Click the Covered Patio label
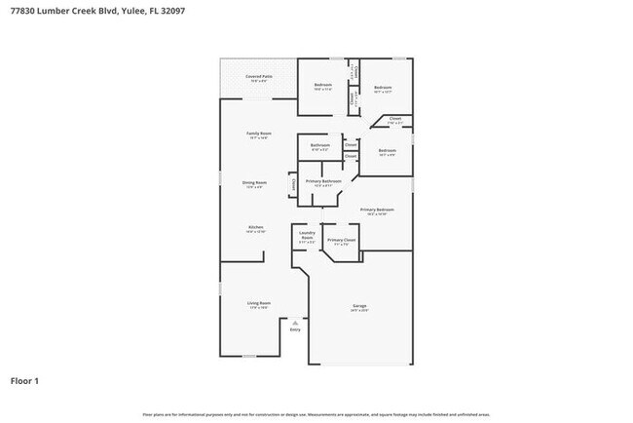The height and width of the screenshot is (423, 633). [258, 77]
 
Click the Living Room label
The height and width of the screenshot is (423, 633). [258, 304]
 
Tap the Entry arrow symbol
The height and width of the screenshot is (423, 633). [295, 321]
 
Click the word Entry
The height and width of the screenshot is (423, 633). [295, 329]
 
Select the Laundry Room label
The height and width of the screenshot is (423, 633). [307, 235]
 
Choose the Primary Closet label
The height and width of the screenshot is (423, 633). [341, 241]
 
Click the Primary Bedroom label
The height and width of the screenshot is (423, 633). [377, 211]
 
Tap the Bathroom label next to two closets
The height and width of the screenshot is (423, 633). [320, 146]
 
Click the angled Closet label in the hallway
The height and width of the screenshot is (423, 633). [394, 120]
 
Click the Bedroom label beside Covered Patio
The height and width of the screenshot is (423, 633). [323, 87]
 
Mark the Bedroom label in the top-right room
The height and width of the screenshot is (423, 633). [383, 89]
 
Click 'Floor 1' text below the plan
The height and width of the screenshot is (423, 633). [24, 380]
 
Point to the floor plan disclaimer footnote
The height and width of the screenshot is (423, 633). [316, 414]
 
